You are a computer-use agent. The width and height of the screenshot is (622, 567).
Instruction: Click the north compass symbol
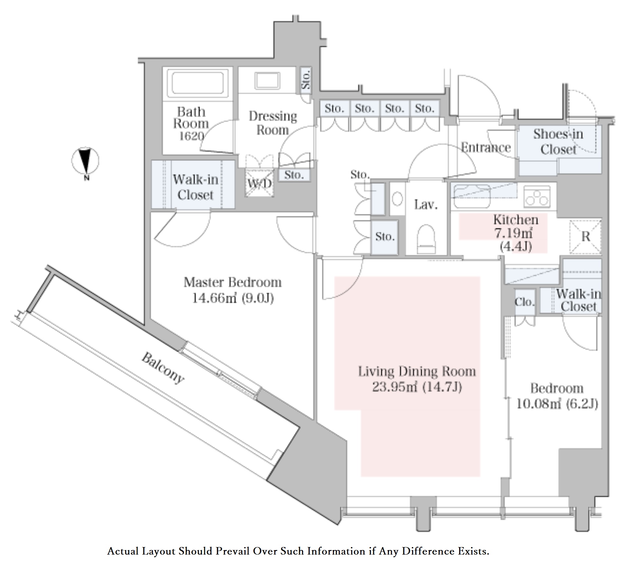point(85,161)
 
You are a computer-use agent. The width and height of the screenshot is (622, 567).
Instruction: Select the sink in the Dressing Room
point(267,80)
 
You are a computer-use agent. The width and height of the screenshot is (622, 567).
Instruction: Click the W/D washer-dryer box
point(259,183)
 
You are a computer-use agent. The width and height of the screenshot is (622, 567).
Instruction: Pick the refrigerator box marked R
point(585,237)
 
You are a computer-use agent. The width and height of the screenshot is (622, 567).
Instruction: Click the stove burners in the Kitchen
point(537,197)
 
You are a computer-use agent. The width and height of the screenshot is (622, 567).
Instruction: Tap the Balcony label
point(163,368)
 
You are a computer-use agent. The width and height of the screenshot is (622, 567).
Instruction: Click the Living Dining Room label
point(417,372)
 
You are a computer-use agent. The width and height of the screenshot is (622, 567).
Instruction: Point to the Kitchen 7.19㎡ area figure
point(513,233)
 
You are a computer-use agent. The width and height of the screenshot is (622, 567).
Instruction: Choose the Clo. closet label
point(524,302)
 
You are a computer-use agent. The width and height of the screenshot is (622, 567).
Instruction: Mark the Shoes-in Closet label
point(558,142)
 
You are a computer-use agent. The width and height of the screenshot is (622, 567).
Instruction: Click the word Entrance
point(486,148)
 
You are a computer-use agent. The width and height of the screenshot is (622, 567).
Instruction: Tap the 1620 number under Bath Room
point(192,136)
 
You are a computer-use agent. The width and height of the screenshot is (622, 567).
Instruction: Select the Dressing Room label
point(273,123)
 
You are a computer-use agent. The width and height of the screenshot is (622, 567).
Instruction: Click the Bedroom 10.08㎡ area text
point(557,404)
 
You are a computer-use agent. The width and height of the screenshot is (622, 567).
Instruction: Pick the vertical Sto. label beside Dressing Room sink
point(306,80)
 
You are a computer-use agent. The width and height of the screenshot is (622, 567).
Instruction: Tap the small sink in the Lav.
point(397,199)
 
